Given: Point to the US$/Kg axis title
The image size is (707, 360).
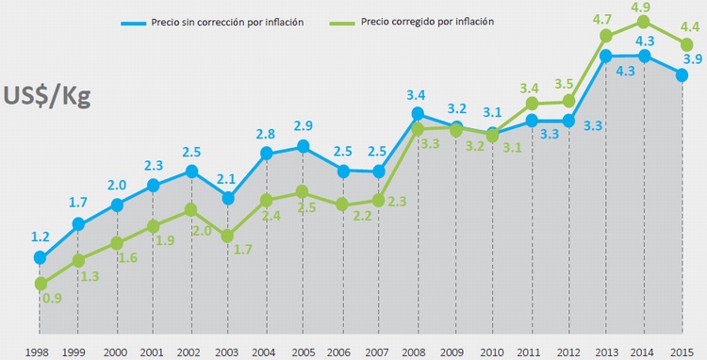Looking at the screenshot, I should pyautogui.click(x=47, y=97).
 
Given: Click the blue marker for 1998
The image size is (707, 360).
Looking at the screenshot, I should pyautogui.click(x=40, y=257).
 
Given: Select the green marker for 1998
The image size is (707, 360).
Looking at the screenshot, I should pyautogui.click(x=40, y=284).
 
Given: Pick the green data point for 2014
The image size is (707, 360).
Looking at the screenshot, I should pyautogui.click(x=644, y=21).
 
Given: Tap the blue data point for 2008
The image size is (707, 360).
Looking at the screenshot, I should pyautogui.click(x=417, y=114).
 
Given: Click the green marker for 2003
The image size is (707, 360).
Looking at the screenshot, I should pyautogui.click(x=227, y=236).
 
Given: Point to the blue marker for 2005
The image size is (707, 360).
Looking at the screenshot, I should pyautogui.click(x=303, y=146).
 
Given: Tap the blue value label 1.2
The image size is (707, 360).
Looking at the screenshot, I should pyautogui.click(x=40, y=237).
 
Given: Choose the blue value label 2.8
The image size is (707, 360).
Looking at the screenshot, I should pyautogui.click(x=266, y=134).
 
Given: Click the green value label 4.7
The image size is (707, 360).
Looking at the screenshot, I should pyautogui.click(x=605, y=18).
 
